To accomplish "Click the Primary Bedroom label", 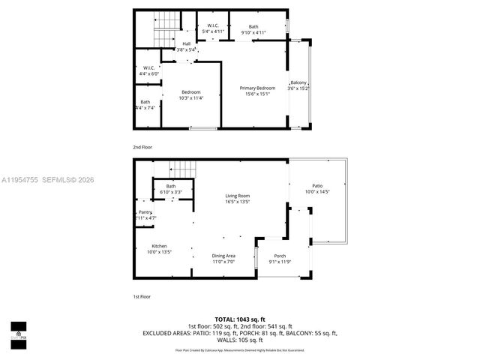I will [x=257, y=88].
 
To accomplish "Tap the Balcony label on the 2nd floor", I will [x=298, y=82].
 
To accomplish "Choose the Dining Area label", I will [x=223, y=256].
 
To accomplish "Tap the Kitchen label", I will [x=160, y=246].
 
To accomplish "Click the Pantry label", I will [x=145, y=213].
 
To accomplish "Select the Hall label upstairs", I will [x=186, y=43].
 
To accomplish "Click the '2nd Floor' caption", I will [x=142, y=147].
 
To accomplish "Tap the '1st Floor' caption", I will [x=142, y=297].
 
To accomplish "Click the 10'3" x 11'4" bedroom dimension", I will [x=191, y=98].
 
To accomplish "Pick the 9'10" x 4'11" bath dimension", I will [x=253, y=33].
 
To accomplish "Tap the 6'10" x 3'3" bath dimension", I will [x=171, y=193].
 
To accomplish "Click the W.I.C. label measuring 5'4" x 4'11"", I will [x=213, y=27].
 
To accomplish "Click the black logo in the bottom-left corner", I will [x=18, y=331].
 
